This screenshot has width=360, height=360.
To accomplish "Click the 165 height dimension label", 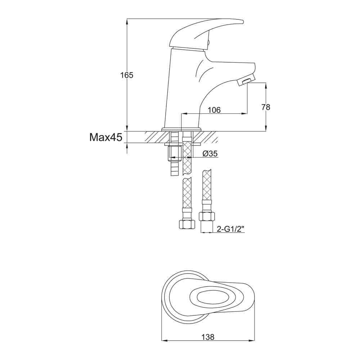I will pos(127,76).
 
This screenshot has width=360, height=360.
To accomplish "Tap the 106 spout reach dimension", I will pos(214,110).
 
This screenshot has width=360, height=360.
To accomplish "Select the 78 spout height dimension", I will pos(266,107).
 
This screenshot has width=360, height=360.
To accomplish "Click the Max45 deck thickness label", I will pos(106,137).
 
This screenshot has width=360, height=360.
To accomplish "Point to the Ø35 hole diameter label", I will pos(210,154).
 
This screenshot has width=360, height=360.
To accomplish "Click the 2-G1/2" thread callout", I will pos(230,229).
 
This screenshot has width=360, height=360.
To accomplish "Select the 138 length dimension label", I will pos(208,337).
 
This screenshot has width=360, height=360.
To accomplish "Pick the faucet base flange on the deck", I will pos(181,129).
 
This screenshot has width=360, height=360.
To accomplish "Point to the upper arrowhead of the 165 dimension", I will pos(127,21).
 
